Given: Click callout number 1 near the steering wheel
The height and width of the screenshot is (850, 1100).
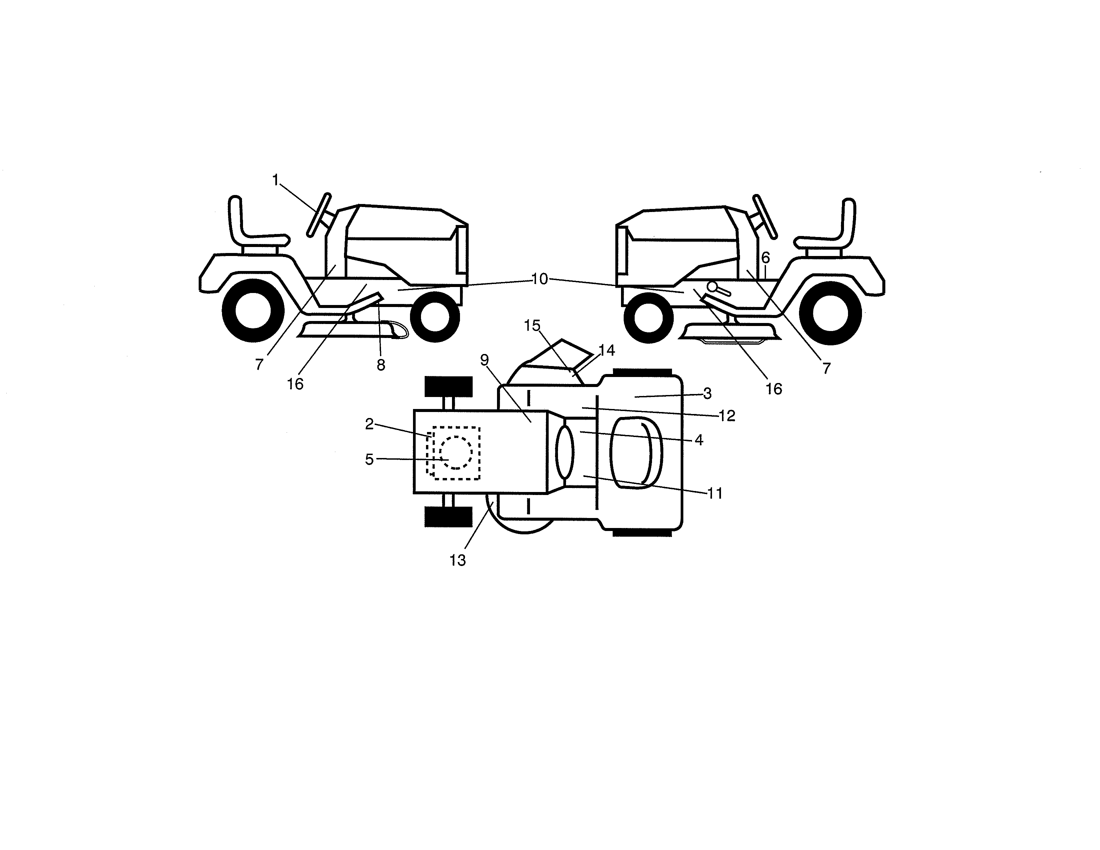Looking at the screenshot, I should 275,180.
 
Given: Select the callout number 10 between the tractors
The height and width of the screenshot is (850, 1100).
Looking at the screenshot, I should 539,279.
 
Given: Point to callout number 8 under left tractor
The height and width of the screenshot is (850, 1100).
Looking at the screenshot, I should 381,365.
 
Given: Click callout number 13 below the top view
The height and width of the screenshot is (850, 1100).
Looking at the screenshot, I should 457,560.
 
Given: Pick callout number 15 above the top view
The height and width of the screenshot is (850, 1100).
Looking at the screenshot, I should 532,326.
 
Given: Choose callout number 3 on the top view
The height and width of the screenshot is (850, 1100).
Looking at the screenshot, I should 707,394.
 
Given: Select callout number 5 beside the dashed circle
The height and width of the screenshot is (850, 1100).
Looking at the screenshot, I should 369,459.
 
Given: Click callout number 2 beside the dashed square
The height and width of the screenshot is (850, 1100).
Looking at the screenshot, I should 369,424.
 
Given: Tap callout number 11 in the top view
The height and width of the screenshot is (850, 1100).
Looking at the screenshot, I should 715,493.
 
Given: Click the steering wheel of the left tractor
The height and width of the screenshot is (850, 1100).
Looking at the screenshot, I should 319,215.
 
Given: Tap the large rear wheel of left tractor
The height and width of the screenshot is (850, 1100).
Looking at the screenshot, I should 253,310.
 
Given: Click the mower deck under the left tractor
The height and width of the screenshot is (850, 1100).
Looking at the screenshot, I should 348,330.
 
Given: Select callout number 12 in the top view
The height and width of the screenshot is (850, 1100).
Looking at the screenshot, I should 727,416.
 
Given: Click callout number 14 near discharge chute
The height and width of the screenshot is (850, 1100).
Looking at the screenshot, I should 607,350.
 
